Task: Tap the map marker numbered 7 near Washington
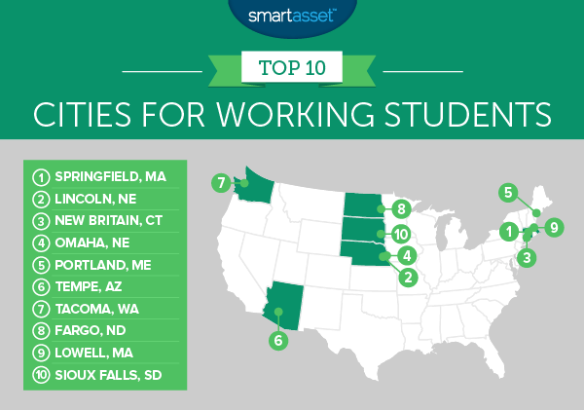point(222,182)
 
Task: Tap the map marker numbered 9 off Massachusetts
point(554,228)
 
